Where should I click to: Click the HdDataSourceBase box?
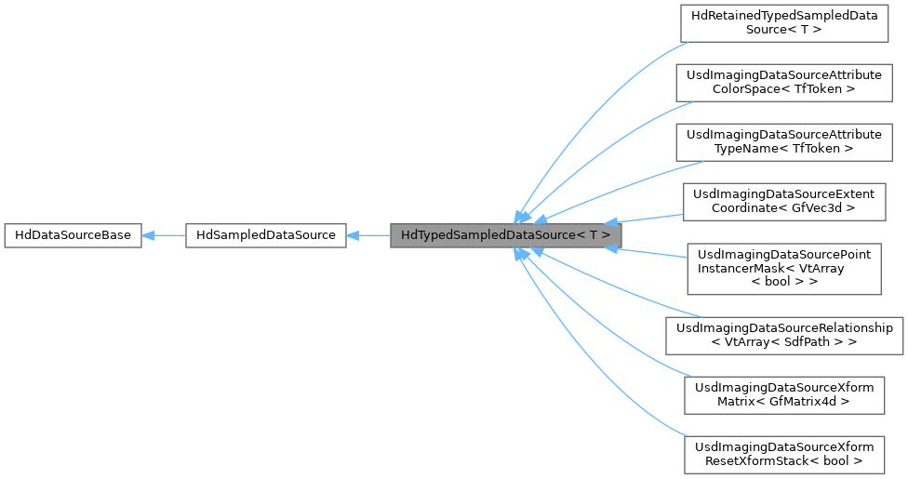point(73,235)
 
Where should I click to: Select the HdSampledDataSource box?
point(266,235)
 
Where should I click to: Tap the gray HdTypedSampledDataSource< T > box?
point(505,235)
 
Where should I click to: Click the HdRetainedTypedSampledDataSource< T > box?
point(784,23)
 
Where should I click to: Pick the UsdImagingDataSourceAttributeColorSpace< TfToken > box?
point(784,82)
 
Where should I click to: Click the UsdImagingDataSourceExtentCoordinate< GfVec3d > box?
point(784,201)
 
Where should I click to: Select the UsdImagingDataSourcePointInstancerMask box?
point(784,267)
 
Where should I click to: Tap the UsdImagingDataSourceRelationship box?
point(784,335)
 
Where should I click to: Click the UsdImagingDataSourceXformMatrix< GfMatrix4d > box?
point(784,394)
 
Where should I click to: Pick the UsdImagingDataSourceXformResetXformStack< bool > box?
point(784,453)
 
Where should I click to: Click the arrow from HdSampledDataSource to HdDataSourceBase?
point(164,235)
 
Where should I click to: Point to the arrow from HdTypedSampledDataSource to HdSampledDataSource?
point(368,235)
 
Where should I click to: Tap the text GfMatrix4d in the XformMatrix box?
point(812,402)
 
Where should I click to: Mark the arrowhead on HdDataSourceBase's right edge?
point(149,235)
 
